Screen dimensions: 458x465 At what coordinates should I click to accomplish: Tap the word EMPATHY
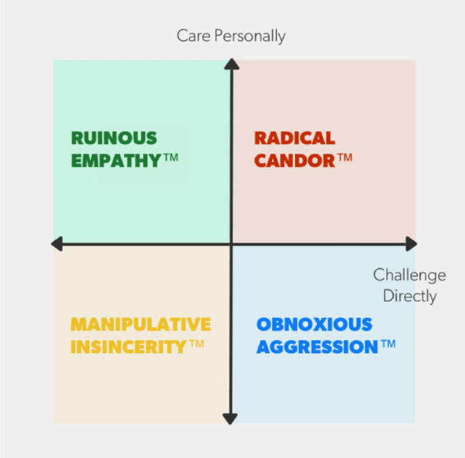coord(117,160)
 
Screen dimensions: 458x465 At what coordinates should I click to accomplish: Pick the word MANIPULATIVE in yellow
coord(141,325)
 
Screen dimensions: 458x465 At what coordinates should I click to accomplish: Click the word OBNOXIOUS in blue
coord(314,325)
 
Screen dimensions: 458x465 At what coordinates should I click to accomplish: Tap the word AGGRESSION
coord(317,347)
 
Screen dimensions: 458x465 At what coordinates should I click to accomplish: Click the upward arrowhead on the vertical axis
coord(231,64)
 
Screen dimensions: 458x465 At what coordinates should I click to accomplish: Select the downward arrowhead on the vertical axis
coord(231,419)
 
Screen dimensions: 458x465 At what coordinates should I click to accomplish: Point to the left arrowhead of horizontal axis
coord(57,245)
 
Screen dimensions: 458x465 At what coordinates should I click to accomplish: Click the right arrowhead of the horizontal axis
coord(410,245)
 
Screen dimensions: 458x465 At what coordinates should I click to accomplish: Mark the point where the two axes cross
coord(231,245)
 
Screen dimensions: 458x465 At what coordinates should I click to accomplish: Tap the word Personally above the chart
coord(250,36)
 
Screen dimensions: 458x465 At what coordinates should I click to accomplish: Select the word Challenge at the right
coord(409,275)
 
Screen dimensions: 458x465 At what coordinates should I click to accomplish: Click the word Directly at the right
coord(409,296)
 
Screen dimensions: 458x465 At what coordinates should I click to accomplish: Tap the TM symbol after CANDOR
coord(345,158)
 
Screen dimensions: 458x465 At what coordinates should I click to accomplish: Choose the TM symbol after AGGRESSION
coord(388,344)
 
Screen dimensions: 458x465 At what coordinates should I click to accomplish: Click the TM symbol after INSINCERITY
coord(197,344)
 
